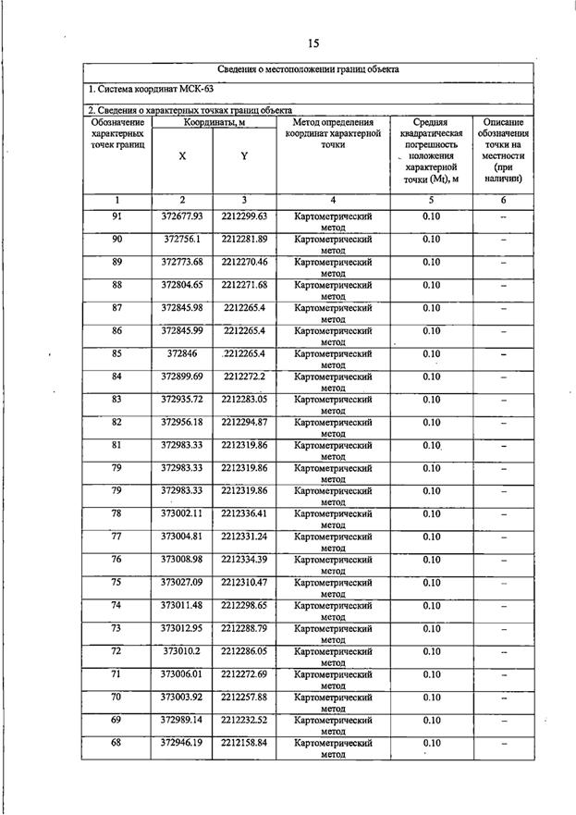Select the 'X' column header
pos(182,156)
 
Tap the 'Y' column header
pos(244,156)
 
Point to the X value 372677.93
pos(182,216)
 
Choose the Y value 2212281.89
pos(244,239)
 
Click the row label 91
pos(117,216)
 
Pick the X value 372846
pos(182,353)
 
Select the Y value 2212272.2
pos(244,377)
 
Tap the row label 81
pos(117,445)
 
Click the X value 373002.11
pos(182,513)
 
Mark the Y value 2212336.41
pos(244,513)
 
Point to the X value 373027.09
pos(182,582)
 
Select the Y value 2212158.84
pos(244,742)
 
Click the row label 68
pos(117,742)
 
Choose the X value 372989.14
pos(182,719)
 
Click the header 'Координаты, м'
pos(214,122)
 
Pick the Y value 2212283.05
pos(244,399)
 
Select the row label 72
pos(117,650)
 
